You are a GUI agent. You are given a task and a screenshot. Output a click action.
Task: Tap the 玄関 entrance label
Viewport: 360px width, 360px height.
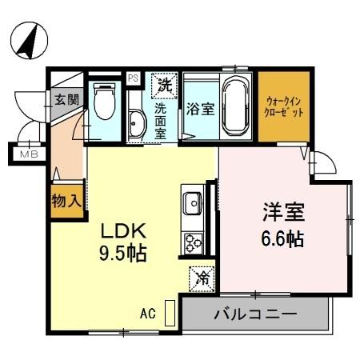coord(65,100)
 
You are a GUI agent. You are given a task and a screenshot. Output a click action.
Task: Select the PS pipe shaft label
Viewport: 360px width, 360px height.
coord(133,78)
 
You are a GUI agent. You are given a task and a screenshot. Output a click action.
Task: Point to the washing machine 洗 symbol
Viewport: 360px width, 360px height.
coord(165,83)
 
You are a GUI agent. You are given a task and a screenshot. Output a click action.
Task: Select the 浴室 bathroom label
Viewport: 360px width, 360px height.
coord(199,109)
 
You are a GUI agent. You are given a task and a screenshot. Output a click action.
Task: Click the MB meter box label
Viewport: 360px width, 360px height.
coord(29,154)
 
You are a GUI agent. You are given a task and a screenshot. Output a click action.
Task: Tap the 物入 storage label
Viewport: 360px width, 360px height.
coord(66,200)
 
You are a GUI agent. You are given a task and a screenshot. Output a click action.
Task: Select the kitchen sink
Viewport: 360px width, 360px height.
coord(193,204)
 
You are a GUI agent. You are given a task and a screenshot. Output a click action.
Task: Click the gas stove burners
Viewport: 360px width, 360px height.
coord(193,241)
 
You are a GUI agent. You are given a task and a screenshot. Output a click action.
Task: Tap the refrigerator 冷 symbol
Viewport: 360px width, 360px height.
coord(202,278)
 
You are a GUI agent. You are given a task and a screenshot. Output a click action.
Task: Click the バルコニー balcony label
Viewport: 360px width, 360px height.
coord(254,313)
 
